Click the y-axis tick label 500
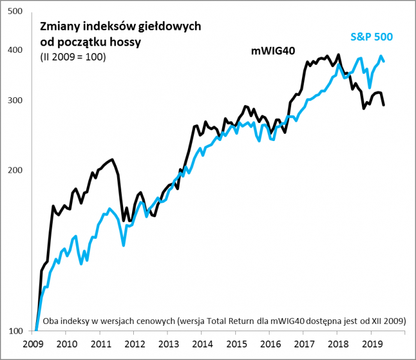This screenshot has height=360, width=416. click(17, 11)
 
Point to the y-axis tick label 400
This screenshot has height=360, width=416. click(17, 50)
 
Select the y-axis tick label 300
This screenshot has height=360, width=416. click(17, 100)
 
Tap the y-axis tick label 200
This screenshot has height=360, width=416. click(17, 170)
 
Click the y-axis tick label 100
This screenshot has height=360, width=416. click(17, 331)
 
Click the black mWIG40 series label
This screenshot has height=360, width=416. click(273, 52)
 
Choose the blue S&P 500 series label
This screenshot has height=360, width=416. click(372, 37)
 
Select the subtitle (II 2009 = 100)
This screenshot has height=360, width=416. click(73, 58)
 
